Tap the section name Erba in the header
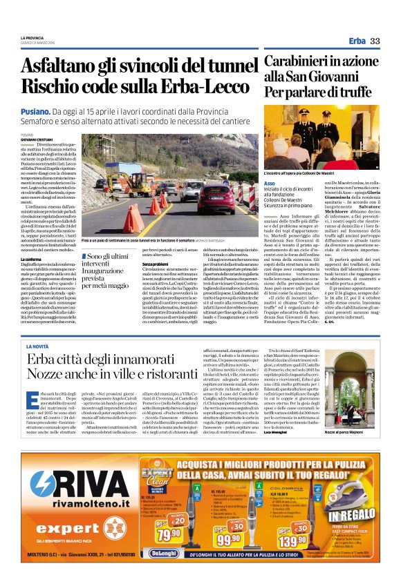click(x=357, y=41)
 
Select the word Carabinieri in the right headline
click(x=299, y=61)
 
